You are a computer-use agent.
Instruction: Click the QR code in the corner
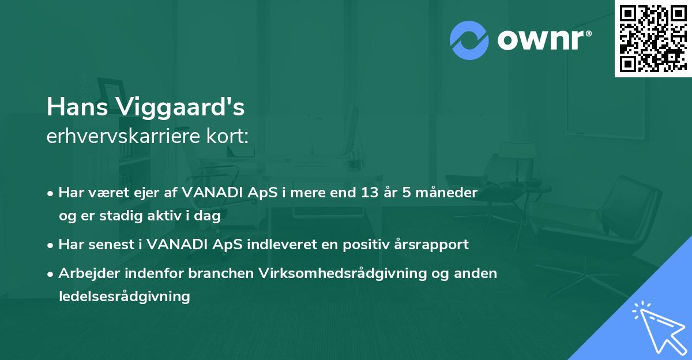coord(653,39)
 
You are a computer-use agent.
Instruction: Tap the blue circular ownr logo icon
coord(469,40)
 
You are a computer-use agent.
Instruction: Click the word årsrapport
coord(433,245)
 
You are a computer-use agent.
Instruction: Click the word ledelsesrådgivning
coord(124,297)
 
